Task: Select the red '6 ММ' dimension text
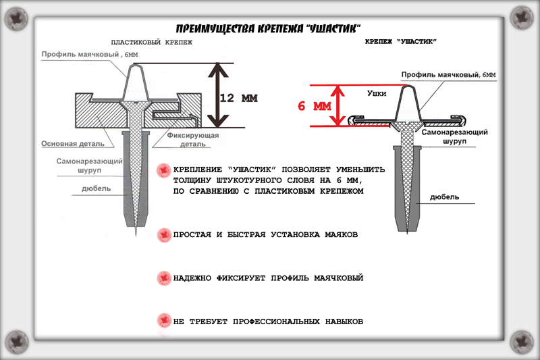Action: (315, 107)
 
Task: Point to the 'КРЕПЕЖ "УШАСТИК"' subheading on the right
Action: (400, 42)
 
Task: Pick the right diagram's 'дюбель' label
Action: (445, 197)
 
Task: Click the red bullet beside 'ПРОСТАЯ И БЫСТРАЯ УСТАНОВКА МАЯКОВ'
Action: (163, 235)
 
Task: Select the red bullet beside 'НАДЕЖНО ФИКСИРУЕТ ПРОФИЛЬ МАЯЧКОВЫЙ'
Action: (163, 278)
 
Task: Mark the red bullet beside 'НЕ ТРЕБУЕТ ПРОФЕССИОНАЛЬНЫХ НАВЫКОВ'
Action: (163, 321)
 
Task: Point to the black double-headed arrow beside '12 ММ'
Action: (215, 95)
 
